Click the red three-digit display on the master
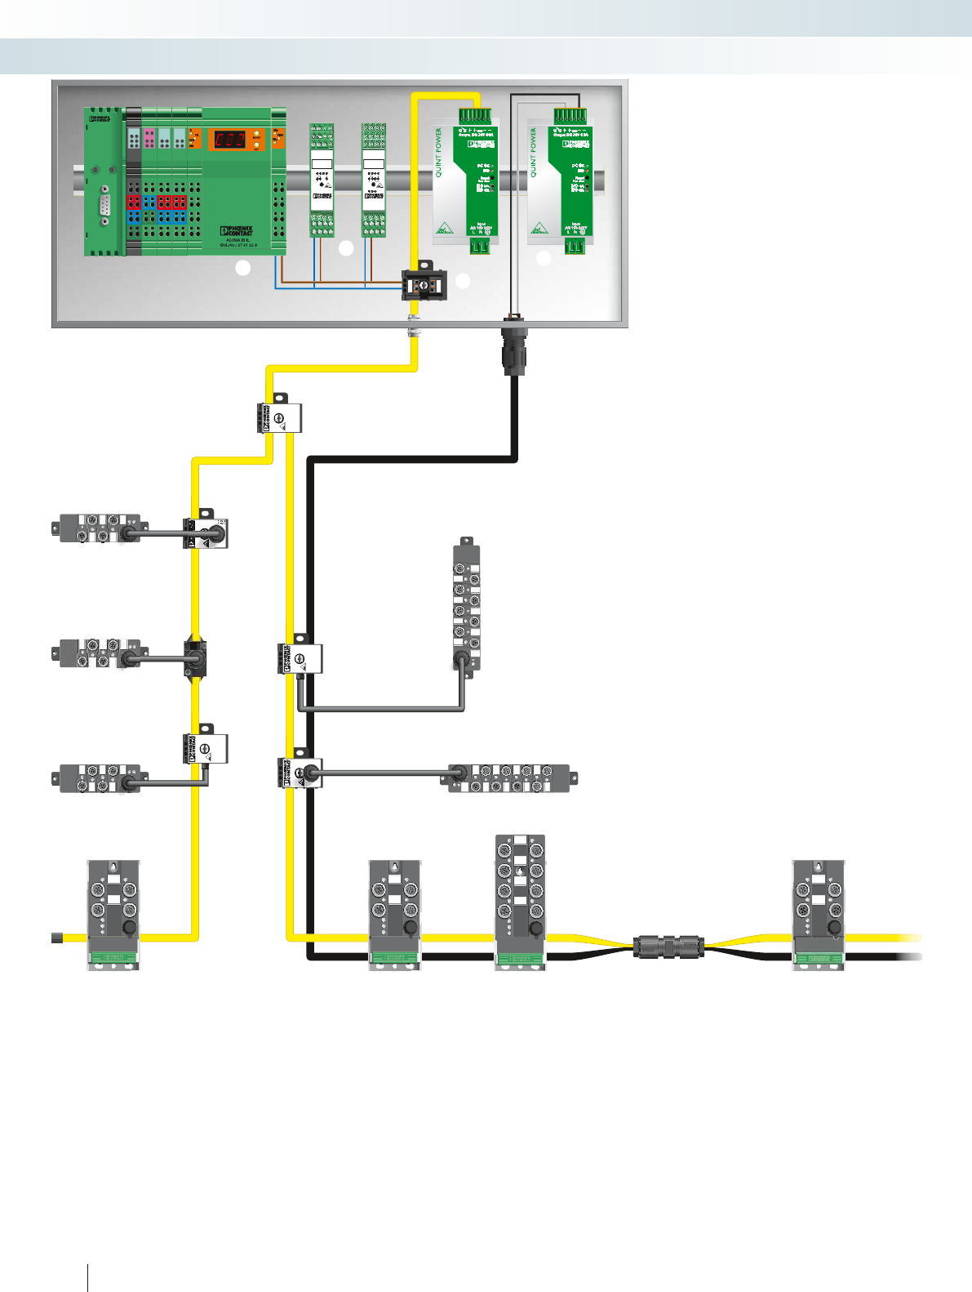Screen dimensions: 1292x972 (x=229, y=140)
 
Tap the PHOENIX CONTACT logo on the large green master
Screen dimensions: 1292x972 (x=237, y=231)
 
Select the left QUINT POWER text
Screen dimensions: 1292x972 (x=439, y=153)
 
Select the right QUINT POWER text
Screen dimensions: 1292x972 (x=534, y=153)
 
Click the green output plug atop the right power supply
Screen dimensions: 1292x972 (x=569, y=116)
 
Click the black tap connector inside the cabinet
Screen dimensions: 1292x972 (x=424, y=286)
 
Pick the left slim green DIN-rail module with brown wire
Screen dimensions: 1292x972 (x=322, y=180)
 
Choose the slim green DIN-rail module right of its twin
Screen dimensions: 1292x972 (x=374, y=180)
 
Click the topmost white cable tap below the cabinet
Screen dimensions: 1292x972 (x=278, y=417)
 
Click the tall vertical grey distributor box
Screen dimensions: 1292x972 (x=467, y=605)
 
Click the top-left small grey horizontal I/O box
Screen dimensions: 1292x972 (x=99, y=528)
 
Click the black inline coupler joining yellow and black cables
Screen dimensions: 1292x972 (x=668, y=947)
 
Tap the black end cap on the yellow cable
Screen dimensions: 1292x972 (x=57, y=938)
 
